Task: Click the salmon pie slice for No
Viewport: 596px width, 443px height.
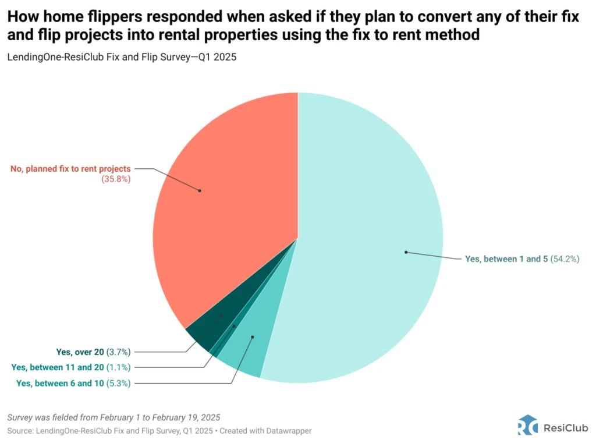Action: [x=233, y=192]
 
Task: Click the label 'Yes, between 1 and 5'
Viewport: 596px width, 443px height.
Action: [x=506, y=259]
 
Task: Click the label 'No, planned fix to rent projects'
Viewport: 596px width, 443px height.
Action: [x=70, y=169]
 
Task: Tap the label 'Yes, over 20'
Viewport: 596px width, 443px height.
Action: [x=80, y=352]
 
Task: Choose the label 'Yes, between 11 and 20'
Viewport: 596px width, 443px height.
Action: [x=58, y=367]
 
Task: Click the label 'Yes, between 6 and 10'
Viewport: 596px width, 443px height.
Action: [x=60, y=383]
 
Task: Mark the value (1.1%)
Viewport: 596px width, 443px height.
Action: [x=119, y=367]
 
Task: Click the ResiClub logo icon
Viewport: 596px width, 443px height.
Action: [x=527, y=425]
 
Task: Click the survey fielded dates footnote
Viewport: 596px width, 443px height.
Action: [x=114, y=417]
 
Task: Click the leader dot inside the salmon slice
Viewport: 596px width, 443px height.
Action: [x=200, y=190]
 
